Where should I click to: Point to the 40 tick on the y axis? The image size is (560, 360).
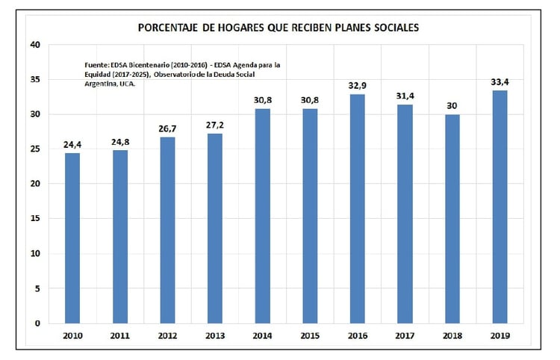click(35, 45)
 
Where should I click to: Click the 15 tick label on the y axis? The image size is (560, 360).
click(35, 219)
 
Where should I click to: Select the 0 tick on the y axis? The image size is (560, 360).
click(38, 323)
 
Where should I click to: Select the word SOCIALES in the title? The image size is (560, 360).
click(393, 28)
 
